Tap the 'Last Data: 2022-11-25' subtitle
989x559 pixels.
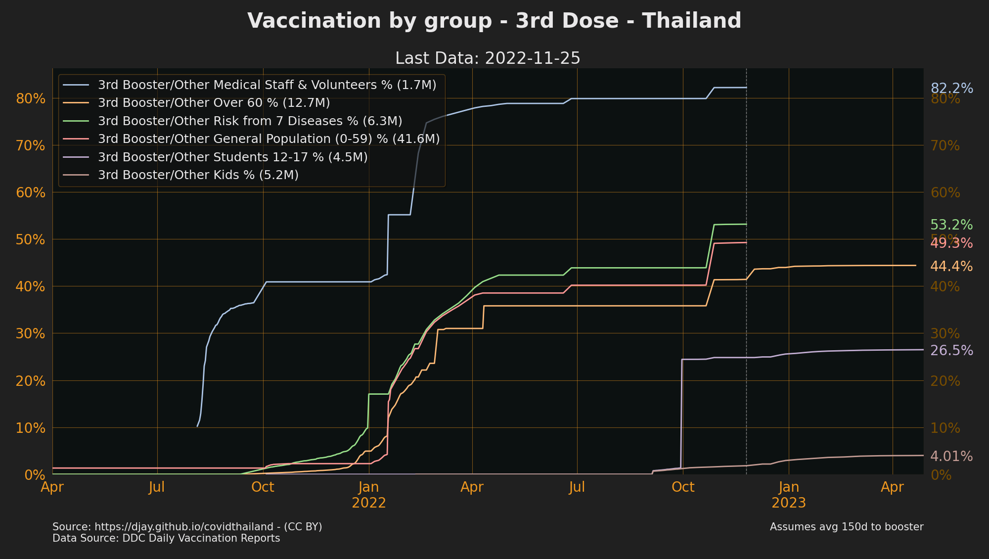[488, 58]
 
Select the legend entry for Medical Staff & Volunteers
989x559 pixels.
[267, 85]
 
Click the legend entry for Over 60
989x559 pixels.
[214, 103]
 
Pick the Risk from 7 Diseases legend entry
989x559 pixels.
[250, 121]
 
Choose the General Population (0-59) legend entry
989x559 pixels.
[269, 139]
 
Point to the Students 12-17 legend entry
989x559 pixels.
[232, 157]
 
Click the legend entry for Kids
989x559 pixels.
[198, 175]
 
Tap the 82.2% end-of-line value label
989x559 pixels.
[951, 89]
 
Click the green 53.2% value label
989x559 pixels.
[951, 225]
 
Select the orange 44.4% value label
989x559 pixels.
[951, 267]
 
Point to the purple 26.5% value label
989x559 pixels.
[951, 351]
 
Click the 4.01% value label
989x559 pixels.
[951, 456]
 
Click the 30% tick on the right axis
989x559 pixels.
[945, 334]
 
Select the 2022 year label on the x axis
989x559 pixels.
[368, 503]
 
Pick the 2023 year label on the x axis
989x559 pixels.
[789, 503]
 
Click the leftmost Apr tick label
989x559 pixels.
[52, 487]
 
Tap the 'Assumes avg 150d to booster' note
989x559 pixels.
[846, 527]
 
